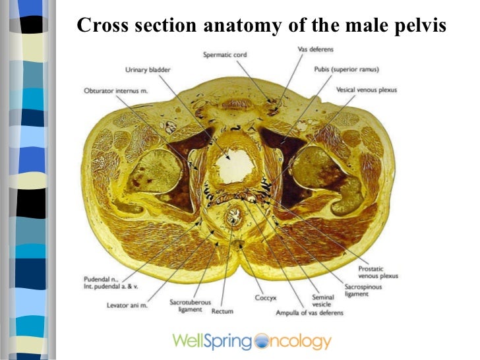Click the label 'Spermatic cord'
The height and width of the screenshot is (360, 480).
click(225, 55)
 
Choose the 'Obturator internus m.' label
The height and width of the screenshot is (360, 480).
click(115, 90)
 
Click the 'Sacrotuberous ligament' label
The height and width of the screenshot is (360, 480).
click(189, 305)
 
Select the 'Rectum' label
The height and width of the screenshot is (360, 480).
click(222, 310)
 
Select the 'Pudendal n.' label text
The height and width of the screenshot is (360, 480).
click(102, 278)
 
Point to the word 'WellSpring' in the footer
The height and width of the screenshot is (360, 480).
click(212, 341)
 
